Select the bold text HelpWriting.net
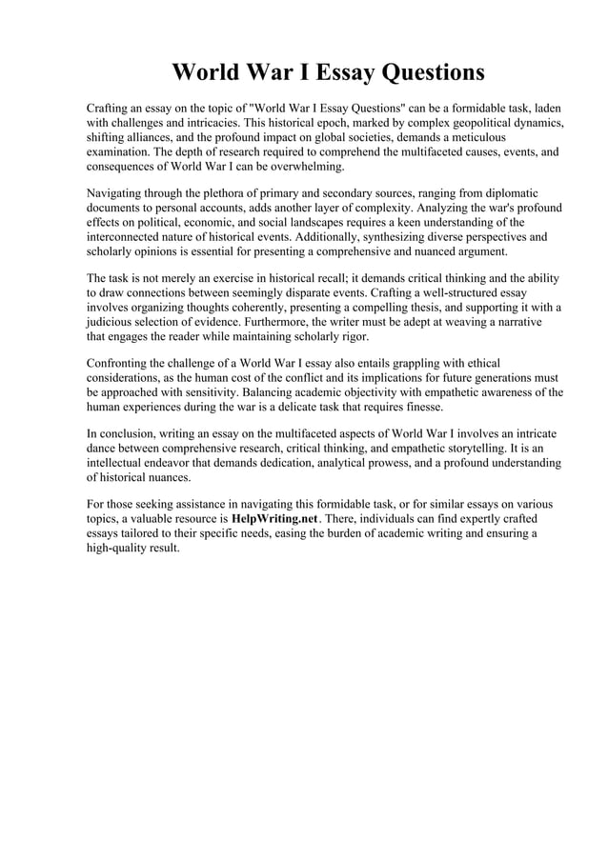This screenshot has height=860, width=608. click(x=274, y=517)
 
